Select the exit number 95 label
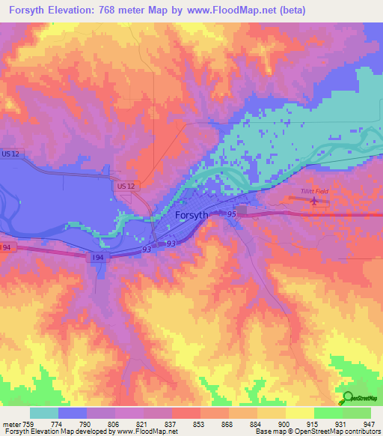232,214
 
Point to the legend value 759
27,423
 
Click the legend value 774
55,423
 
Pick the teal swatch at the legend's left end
44,413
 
